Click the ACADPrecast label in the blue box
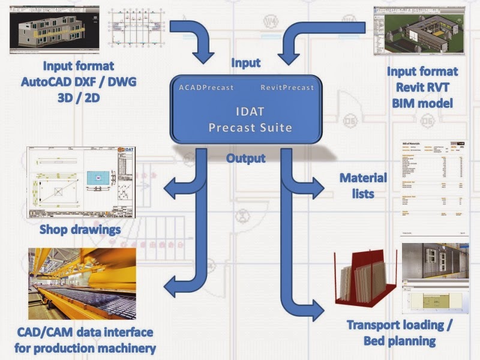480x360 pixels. [206, 88]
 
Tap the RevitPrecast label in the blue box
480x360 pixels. [287, 88]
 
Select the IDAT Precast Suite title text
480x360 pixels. [247, 119]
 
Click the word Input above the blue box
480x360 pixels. [246, 63]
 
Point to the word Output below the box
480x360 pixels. [246, 159]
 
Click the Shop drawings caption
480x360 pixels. [80, 230]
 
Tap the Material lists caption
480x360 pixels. [363, 185]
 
